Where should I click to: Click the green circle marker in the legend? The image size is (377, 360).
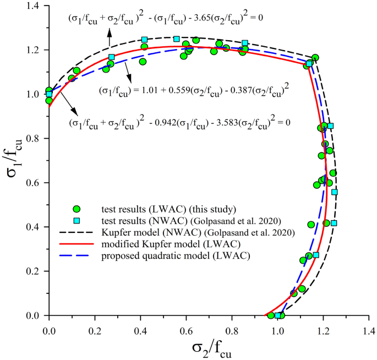point(77,209)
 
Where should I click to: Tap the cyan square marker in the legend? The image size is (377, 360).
point(77,221)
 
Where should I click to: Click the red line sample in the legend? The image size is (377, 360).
point(77,244)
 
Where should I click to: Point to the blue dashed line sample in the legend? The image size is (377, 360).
point(77,257)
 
